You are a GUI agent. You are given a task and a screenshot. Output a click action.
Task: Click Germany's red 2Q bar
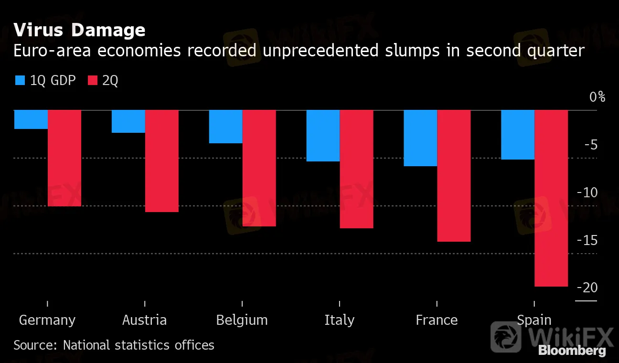coord(64,158)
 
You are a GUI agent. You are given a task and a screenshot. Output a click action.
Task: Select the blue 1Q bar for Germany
coord(31,119)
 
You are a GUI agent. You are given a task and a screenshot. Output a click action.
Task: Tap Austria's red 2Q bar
coord(162,161)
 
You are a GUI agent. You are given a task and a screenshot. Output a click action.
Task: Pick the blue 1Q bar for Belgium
coord(226,127)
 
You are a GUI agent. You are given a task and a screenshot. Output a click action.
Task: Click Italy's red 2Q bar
coord(357,169)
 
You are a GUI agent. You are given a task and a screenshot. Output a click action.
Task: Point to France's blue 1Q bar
coord(421,138)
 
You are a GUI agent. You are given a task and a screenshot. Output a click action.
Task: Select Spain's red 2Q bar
coord(552,198)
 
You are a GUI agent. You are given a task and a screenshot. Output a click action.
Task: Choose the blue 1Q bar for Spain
coord(518,135)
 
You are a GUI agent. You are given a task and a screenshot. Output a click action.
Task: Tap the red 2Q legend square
coord(93,81)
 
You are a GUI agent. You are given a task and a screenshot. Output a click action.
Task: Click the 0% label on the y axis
coord(597,97)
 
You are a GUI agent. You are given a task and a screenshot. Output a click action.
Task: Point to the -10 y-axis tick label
coord(587,193)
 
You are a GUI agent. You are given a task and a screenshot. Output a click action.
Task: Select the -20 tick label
coord(587,288)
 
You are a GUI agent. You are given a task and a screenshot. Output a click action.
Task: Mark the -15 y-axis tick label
coord(587,241)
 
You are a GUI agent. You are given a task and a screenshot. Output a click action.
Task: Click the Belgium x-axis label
coord(242,320)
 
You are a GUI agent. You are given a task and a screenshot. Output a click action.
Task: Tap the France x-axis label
coord(437,320)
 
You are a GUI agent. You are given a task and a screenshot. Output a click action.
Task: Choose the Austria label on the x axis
coord(144,320)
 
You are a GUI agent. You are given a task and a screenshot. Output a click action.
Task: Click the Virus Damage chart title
coord(79,30)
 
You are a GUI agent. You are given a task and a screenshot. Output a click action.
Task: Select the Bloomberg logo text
coord(572,351)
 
